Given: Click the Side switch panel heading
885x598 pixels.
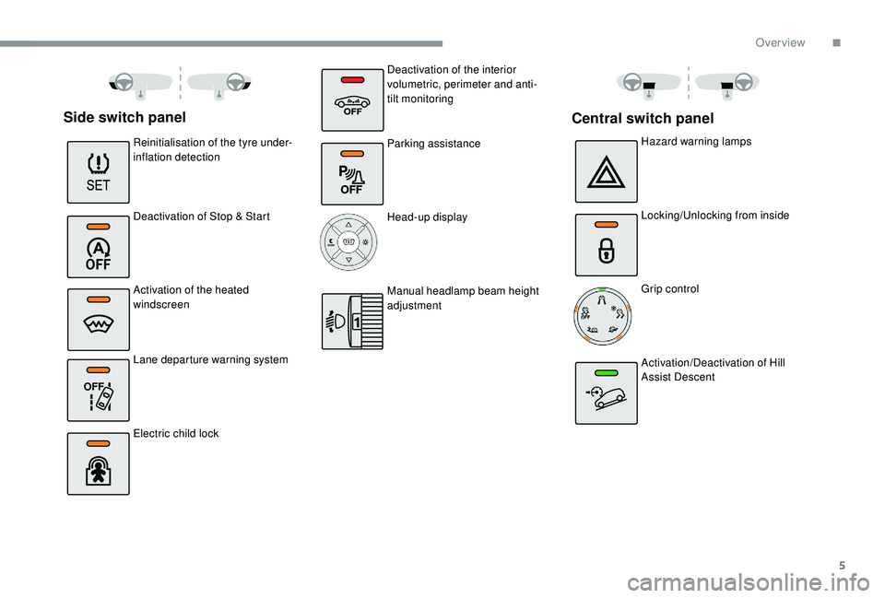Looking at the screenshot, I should (x=124, y=117).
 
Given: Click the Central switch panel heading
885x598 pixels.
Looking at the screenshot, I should (x=643, y=118).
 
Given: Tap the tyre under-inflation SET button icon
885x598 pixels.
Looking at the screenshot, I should (x=98, y=171).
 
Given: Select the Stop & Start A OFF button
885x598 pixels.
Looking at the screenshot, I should (x=98, y=246).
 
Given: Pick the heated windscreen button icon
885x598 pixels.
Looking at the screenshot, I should (x=98, y=319).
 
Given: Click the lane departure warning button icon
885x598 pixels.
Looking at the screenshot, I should (x=98, y=391).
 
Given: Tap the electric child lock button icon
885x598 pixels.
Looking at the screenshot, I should (x=98, y=463).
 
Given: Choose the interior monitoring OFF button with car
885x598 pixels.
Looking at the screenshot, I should (x=352, y=99).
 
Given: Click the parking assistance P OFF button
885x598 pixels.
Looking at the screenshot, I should (x=352, y=173).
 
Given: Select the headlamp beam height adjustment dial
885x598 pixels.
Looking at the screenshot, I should (x=352, y=321).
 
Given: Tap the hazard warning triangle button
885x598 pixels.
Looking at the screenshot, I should (x=606, y=171).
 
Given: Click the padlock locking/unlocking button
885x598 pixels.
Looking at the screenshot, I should (x=606, y=245).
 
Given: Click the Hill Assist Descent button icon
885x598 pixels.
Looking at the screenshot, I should (x=606, y=393).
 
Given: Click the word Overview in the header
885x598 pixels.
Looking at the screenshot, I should (x=780, y=42).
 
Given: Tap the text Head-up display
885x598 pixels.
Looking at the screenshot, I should (x=427, y=217).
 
